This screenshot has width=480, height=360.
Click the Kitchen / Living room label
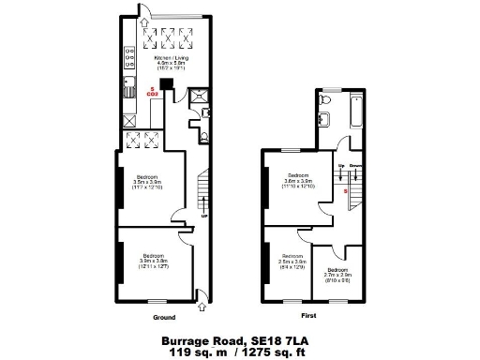[x=170, y=61]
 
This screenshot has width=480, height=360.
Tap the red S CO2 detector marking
[x=154, y=90]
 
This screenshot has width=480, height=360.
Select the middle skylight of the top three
[x=170, y=37]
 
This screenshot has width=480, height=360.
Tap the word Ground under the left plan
[x=163, y=317]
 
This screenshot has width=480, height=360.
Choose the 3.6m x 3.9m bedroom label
[x=298, y=181]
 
